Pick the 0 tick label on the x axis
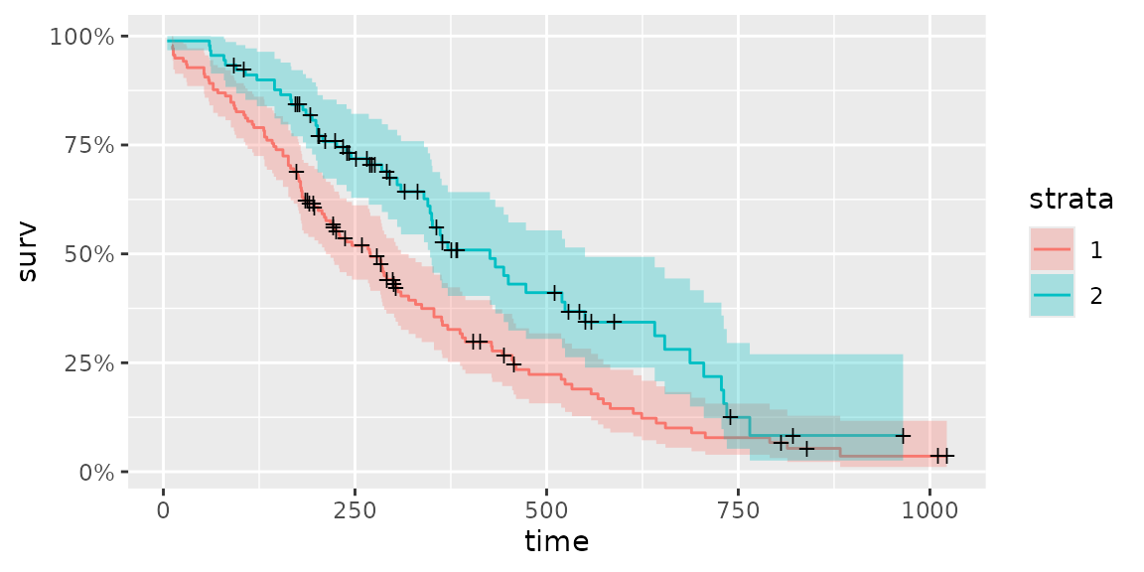(164, 510)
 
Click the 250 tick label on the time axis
(356, 510)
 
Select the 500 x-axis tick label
(546, 510)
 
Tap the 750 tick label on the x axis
(738, 510)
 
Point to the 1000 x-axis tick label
(929, 510)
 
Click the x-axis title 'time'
(557, 542)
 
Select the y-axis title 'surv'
(29, 254)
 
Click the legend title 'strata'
(1071, 200)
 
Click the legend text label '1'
(1095, 250)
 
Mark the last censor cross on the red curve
(946, 456)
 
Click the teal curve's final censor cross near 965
(903, 436)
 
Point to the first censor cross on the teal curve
(233, 66)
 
